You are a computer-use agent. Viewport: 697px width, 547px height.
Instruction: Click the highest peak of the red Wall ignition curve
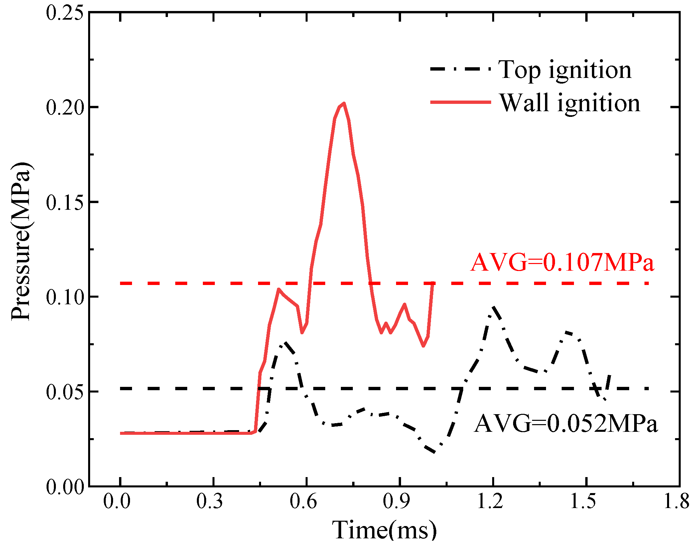[344, 104]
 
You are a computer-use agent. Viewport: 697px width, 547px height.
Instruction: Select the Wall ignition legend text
[569, 103]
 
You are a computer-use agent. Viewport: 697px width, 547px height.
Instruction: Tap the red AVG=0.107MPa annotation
[562, 262]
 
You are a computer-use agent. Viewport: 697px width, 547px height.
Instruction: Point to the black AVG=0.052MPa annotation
[566, 424]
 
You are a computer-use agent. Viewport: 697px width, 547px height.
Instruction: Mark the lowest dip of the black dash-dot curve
[434, 452]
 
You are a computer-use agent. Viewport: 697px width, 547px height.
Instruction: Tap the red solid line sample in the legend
[460, 102]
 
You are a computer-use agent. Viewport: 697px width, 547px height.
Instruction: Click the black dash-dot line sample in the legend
[460, 69]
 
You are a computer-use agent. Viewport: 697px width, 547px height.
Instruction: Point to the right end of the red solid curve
[433, 283]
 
